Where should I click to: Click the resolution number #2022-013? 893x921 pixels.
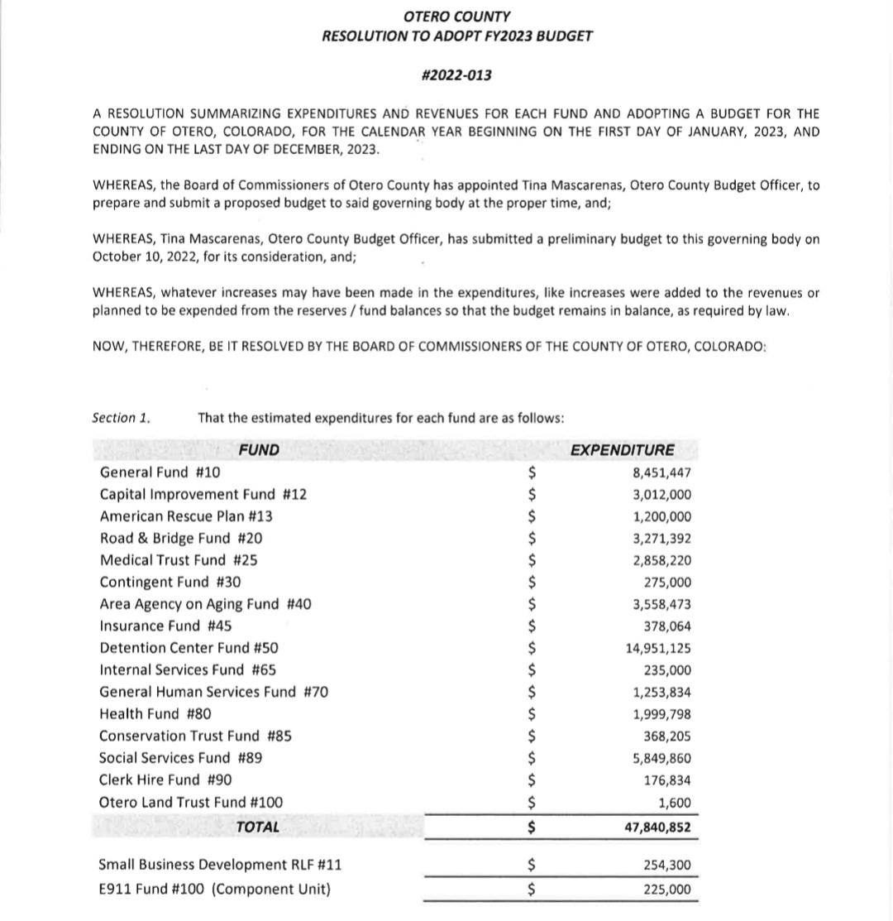[456, 75]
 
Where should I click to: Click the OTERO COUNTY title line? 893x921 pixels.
[456, 17]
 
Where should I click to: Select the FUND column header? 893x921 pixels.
[259, 450]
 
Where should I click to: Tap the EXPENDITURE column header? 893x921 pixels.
[623, 450]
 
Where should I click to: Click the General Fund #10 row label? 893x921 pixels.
[160, 472]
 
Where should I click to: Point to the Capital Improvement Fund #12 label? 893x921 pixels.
[203, 495]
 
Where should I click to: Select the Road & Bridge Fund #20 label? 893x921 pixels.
[181, 538]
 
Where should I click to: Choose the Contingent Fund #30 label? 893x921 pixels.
[170, 582]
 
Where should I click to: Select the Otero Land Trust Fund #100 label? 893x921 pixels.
[190, 801]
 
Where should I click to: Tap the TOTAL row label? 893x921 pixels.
[257, 826]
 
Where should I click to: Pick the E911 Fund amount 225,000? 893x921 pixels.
[666, 890]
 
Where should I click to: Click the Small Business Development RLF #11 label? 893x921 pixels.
[219, 866]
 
